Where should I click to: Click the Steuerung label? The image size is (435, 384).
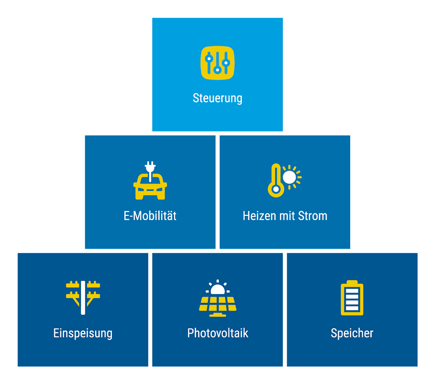(x=217, y=99)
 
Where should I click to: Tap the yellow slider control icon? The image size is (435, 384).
(x=217, y=63)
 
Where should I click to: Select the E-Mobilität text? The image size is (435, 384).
(x=150, y=216)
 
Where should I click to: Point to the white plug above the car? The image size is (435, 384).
(x=150, y=171)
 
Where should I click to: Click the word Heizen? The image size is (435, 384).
(x=259, y=216)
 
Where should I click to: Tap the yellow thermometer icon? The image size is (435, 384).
(x=276, y=180)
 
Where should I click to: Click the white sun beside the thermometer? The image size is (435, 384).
(x=289, y=177)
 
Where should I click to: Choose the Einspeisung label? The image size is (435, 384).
(x=83, y=333)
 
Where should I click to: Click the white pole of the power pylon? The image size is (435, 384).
(x=83, y=298)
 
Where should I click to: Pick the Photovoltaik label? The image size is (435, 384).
(x=218, y=333)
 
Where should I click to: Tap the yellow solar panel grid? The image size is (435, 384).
(x=218, y=304)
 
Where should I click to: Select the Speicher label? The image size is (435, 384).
(x=352, y=333)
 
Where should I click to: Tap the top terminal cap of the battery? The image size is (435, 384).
(x=352, y=282)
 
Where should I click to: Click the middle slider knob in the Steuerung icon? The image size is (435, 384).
(x=217, y=70)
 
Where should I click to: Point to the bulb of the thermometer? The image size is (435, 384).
(x=276, y=189)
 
